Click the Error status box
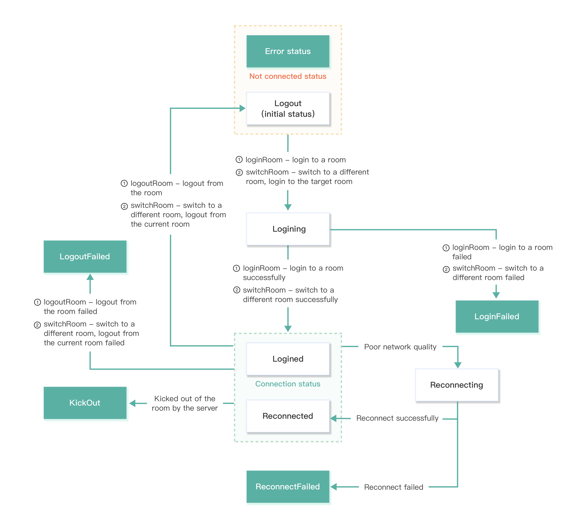click(x=288, y=51)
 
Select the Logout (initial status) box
click(x=288, y=108)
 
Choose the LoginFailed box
click(x=497, y=317)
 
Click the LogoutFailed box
click(x=85, y=256)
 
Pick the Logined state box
click(x=288, y=359)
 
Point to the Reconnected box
click(x=288, y=416)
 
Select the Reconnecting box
click(x=457, y=385)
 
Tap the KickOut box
click(x=85, y=403)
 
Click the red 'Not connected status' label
click(x=288, y=76)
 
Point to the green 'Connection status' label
click(x=288, y=384)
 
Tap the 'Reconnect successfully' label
click(x=397, y=418)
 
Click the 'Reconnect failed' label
click(x=393, y=487)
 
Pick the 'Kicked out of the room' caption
click(x=185, y=403)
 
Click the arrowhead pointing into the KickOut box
click(x=133, y=403)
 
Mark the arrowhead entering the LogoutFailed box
click(x=90, y=277)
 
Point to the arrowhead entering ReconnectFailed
click(x=334, y=487)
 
